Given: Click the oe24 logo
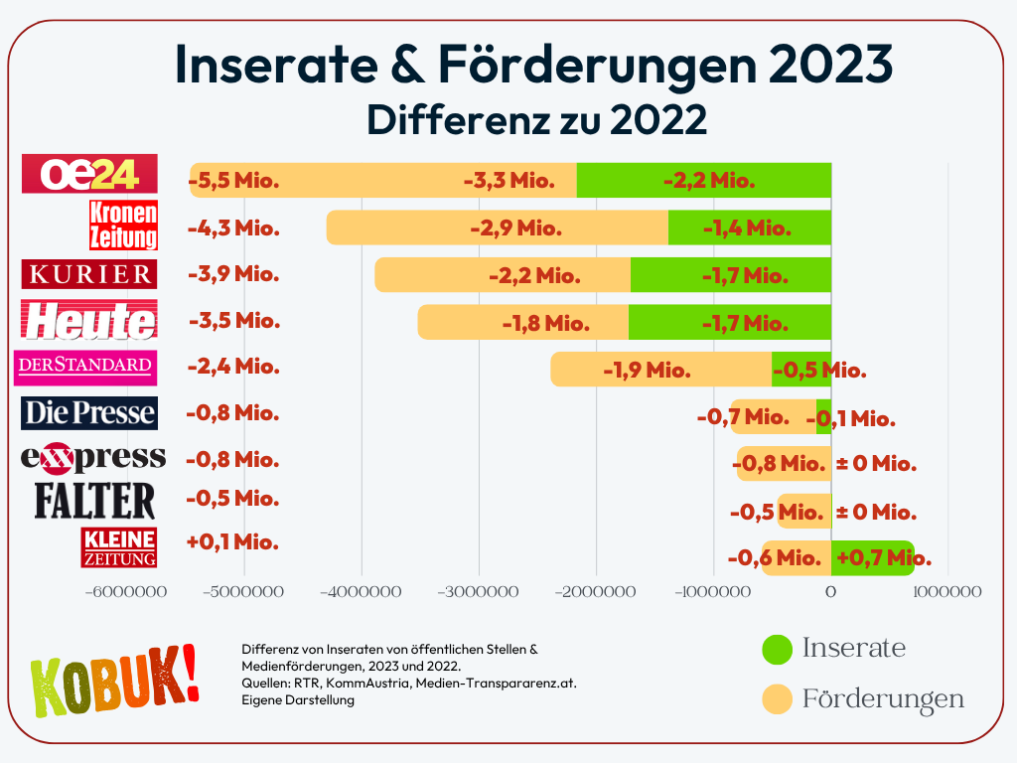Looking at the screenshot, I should tap(90, 174).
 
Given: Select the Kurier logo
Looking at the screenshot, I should tap(88, 273).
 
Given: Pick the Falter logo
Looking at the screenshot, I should tap(95, 500).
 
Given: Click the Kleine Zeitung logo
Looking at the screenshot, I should tap(119, 547).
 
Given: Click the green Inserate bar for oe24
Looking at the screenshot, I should tap(703, 181).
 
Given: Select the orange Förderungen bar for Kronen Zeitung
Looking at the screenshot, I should tap(497, 228).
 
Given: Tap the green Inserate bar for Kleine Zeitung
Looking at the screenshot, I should tap(872, 558).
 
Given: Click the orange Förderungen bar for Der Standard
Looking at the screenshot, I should tap(660, 370).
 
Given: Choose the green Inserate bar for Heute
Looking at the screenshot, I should tap(730, 322).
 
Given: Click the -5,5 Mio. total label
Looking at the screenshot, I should tap(233, 181).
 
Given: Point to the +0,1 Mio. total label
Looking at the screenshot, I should tap(232, 542).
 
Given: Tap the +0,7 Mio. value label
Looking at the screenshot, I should tap(883, 558).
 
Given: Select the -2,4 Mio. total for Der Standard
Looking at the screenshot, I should tap(233, 367).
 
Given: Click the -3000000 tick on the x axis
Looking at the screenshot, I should tap(479, 591).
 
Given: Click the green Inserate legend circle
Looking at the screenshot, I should tap(778, 649).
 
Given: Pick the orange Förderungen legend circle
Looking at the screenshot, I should tap(778, 698).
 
